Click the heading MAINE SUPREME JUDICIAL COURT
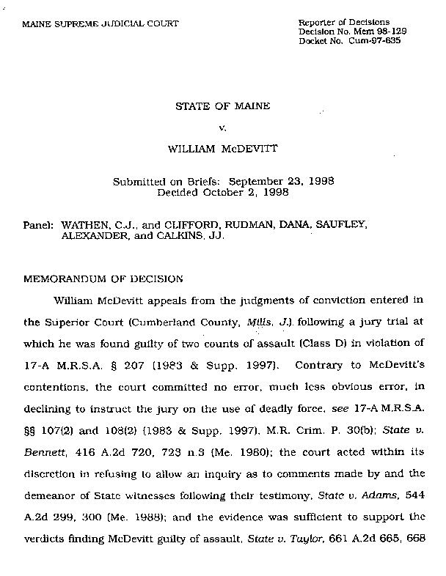pyautogui.click(x=102, y=23)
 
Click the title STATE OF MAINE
pyautogui.click(x=222, y=106)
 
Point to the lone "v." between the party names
pyautogui.click(x=222, y=128)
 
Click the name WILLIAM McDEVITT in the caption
pyautogui.click(x=222, y=149)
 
